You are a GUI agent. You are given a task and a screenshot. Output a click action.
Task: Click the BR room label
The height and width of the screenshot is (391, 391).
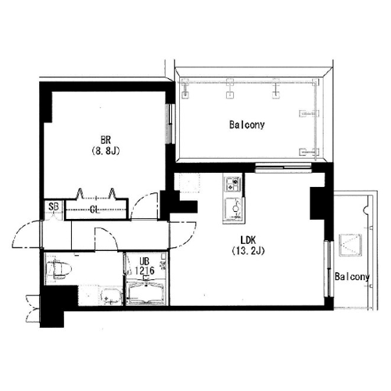[x=106, y=140]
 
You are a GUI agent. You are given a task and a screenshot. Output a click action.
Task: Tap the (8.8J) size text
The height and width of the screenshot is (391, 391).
[x=106, y=151]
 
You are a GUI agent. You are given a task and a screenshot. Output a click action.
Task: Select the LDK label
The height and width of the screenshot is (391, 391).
[x=248, y=240]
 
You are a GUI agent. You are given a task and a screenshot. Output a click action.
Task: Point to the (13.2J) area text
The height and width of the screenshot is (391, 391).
[x=248, y=251]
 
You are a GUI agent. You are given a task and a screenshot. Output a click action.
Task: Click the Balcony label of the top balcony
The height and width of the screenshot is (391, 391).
[x=247, y=124]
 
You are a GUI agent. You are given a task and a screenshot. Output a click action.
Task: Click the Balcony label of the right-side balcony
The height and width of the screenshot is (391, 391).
[x=353, y=277]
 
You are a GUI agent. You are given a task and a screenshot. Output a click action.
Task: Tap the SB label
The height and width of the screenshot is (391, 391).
[x=54, y=206]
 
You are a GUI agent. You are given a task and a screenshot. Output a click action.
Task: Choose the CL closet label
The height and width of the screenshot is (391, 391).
[x=95, y=210]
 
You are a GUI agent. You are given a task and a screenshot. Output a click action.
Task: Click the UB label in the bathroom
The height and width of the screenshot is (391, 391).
[x=144, y=261]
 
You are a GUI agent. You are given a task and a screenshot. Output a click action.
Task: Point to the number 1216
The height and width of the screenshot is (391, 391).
[x=145, y=271]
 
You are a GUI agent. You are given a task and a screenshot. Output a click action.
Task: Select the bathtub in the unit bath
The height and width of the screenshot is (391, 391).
[x=145, y=293]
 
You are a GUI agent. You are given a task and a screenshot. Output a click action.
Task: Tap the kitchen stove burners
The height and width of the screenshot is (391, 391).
[x=232, y=184]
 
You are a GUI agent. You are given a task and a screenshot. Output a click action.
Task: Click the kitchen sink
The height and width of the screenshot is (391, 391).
[x=234, y=208]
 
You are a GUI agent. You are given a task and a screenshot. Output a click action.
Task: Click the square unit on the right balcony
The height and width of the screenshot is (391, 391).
[x=350, y=245]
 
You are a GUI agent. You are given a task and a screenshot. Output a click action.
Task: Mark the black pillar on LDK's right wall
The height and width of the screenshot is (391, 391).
[x=317, y=203]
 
